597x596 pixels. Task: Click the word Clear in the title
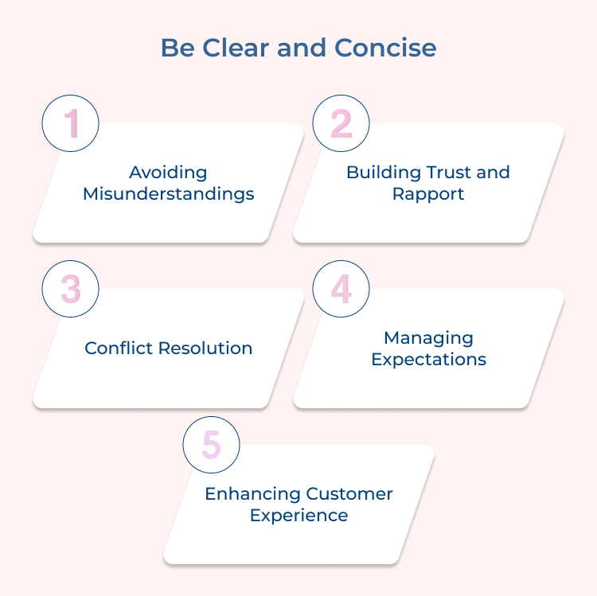(x=234, y=48)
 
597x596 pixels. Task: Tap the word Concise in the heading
(x=385, y=48)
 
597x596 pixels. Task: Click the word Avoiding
(x=168, y=173)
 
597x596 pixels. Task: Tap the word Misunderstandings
(x=168, y=193)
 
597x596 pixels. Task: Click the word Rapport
(x=428, y=193)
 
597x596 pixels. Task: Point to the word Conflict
(x=119, y=349)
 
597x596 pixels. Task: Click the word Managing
(x=428, y=337)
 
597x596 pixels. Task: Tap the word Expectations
(x=428, y=359)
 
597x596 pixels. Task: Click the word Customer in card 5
(x=347, y=494)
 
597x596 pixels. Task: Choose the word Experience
(x=298, y=516)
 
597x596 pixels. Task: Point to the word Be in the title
(x=176, y=48)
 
